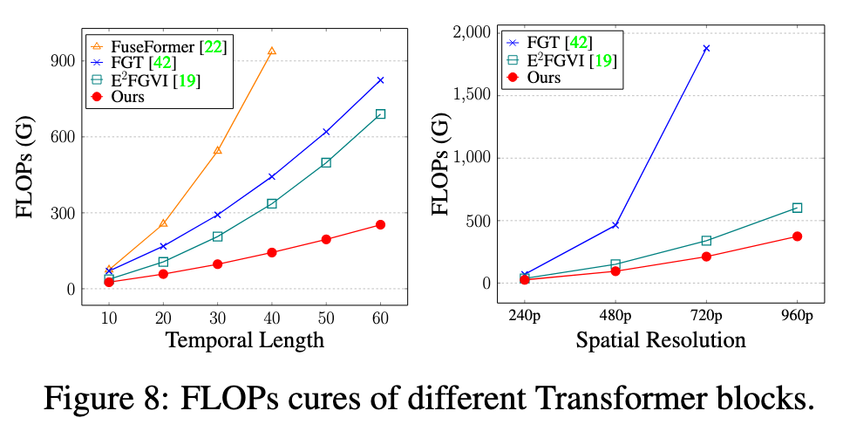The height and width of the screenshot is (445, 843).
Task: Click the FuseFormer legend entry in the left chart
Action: (157, 43)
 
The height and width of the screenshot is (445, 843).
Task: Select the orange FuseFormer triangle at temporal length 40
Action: (272, 51)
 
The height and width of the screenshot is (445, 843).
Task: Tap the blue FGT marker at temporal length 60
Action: (380, 80)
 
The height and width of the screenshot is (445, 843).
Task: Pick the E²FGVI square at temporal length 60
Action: (380, 114)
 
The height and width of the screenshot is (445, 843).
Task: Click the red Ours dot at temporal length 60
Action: (380, 225)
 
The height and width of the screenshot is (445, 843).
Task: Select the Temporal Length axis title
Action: (245, 340)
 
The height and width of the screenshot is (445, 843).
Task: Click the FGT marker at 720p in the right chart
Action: (706, 48)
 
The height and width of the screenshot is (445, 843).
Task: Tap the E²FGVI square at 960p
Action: (797, 208)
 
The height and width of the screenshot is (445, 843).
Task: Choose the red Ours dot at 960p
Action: (797, 236)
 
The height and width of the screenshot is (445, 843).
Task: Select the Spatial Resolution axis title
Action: (661, 340)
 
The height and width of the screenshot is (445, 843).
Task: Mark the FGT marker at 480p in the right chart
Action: (615, 225)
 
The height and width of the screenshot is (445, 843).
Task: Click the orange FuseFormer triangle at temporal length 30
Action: (217, 150)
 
